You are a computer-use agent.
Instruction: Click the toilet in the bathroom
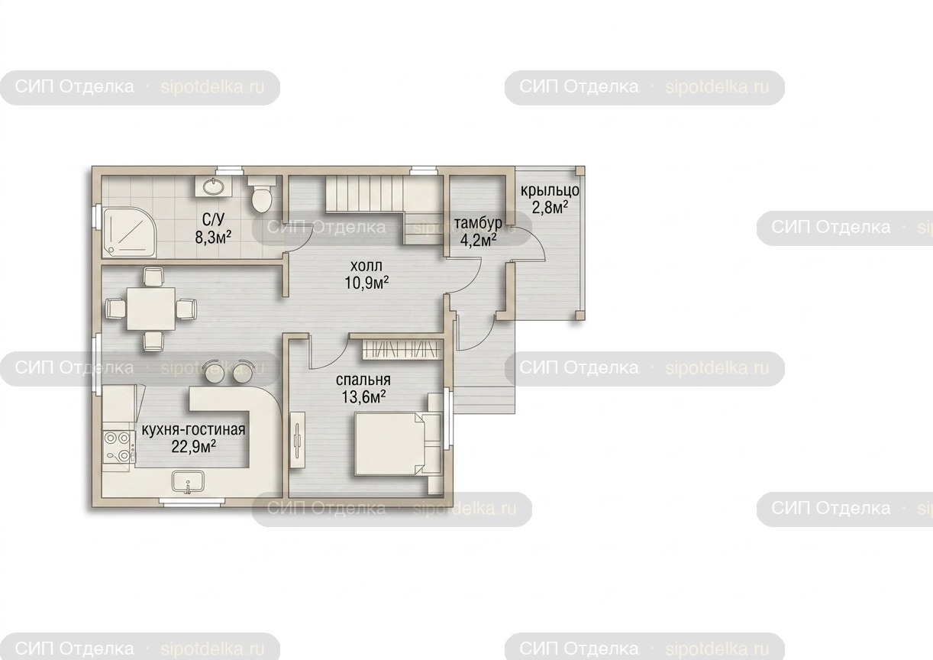(262, 194)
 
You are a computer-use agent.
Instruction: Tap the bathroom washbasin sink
(214, 186)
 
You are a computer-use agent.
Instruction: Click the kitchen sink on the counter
(188, 482)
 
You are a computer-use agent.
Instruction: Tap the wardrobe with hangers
(402, 349)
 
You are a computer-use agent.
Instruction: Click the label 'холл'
(366, 265)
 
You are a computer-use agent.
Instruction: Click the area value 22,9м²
(193, 447)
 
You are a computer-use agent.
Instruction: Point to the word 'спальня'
(363, 380)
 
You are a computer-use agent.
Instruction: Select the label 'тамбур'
(478, 223)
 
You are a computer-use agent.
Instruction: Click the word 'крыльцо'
(550, 190)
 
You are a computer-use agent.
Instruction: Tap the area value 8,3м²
(213, 238)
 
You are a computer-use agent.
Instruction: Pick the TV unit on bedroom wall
(298, 440)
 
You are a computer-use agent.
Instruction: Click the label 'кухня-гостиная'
(193, 429)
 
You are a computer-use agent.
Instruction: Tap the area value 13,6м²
(363, 397)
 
